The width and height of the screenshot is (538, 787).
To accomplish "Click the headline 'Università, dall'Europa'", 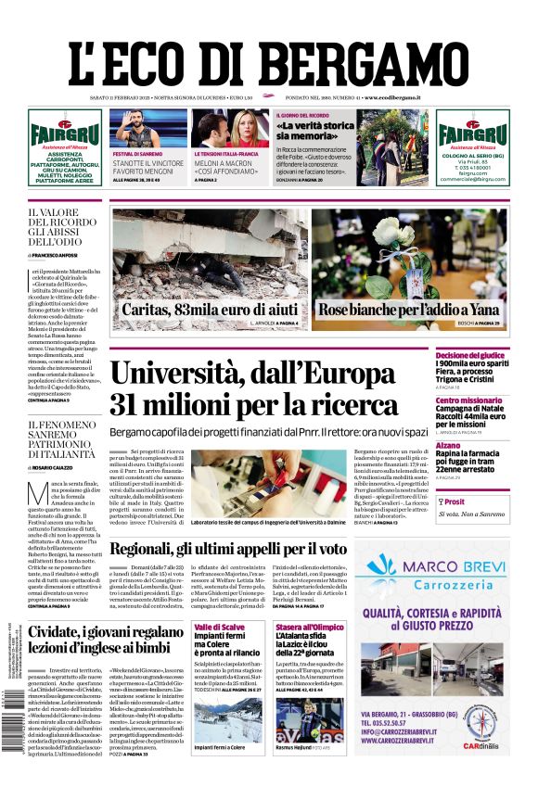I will pos(252,375).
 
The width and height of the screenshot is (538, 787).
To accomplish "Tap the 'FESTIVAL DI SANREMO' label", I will pos(136,153).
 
